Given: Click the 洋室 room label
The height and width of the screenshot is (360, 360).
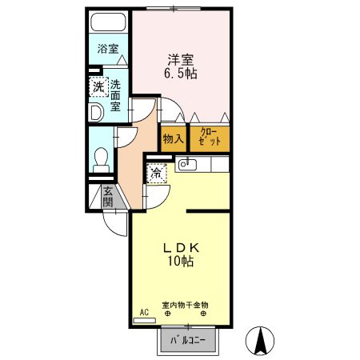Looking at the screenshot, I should pyautogui.click(x=182, y=58).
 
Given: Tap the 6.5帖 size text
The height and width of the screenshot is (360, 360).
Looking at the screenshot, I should pyautogui.click(x=182, y=74).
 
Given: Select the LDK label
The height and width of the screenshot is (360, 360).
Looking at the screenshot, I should pyautogui.click(x=180, y=246).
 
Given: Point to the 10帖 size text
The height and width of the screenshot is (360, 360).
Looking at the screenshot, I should pyautogui.click(x=180, y=261).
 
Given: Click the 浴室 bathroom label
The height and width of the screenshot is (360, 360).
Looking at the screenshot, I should pyautogui.click(x=108, y=49).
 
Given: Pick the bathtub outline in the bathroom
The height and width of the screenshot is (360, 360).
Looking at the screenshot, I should pyautogui.click(x=108, y=22).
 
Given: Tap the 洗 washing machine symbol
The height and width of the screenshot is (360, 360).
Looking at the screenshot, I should pyautogui.click(x=97, y=86).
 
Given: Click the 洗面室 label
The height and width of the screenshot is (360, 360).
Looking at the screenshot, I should pyautogui.click(x=116, y=96).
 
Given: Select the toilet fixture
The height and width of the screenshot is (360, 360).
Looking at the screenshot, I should pyautogui.click(x=102, y=158).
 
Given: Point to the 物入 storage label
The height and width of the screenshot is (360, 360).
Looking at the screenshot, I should pyautogui.click(x=173, y=138).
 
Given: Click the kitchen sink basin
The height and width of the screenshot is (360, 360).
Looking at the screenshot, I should pyautogui.click(x=187, y=165).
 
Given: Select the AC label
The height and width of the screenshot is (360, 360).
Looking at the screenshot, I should pyautogui.click(x=145, y=312).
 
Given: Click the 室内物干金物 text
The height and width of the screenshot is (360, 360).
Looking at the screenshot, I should pyautogui.click(x=185, y=305).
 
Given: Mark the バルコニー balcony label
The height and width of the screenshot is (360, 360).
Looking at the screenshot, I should pyautogui.click(x=189, y=341).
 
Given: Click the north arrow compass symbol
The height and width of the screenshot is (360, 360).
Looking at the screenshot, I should pyautogui.click(x=259, y=342).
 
